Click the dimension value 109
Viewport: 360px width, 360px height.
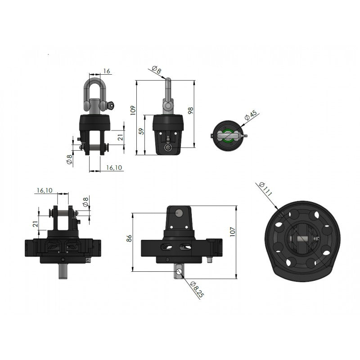(133, 110)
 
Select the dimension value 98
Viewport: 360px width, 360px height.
(190, 110)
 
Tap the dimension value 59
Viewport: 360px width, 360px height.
(142, 131)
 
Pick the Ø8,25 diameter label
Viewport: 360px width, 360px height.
(197, 289)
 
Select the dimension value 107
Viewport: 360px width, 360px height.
(233, 232)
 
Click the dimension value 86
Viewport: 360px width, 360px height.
(129, 238)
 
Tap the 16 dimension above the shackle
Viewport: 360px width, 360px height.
(107, 71)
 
